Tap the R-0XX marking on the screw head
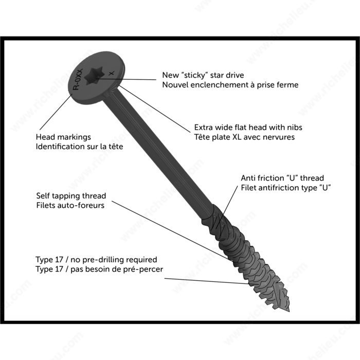(x=77, y=81)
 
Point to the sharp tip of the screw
(x=288, y=305)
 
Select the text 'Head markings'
(x=63, y=137)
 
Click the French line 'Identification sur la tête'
(x=79, y=147)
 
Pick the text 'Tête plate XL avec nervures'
(x=244, y=137)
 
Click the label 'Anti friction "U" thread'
(x=282, y=178)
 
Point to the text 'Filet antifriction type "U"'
(x=285, y=188)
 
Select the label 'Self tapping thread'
(x=71, y=196)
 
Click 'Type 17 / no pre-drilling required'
(x=96, y=260)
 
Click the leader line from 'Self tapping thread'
(x=170, y=231)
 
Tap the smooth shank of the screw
(x=154, y=149)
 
